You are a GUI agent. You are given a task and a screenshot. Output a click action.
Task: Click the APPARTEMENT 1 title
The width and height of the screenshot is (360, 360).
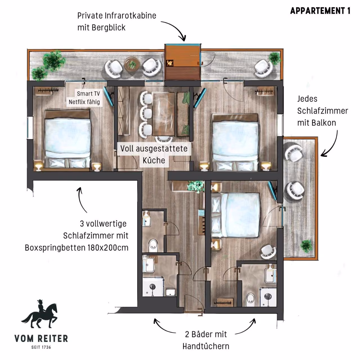point(320,11)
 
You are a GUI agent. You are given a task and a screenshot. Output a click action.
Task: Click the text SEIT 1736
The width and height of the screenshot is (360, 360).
point(41,347)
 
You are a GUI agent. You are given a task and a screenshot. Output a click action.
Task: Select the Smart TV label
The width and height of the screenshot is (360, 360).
point(88,94)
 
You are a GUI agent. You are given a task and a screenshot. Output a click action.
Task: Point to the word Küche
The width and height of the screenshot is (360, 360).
point(154,160)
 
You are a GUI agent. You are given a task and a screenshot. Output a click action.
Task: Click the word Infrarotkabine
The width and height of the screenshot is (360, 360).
point(130,16)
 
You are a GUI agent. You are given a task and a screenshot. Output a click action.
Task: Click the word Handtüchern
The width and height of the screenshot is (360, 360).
point(206,346)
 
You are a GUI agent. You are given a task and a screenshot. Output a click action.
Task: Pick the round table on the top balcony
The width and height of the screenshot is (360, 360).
point(132,64)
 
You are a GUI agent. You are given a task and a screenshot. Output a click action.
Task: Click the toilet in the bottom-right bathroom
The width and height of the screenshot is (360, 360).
point(250,300)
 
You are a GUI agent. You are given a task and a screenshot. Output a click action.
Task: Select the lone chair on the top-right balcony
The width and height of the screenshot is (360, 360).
point(264,68)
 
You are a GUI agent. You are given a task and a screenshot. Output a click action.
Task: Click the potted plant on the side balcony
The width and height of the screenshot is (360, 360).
point(306,246)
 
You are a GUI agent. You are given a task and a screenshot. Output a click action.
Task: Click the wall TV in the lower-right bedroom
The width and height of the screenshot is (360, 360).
point(273,191)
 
